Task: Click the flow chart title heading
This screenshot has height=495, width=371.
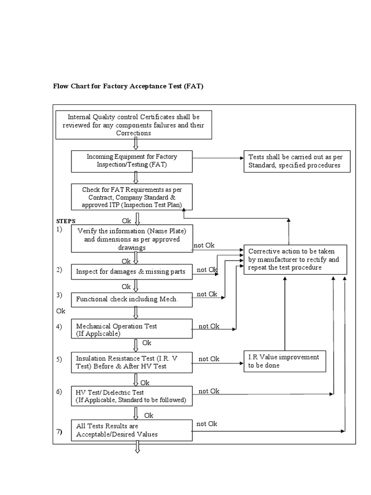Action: tap(128, 87)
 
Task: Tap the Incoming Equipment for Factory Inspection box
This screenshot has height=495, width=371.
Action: tap(131, 161)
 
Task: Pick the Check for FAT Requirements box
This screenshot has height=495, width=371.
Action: tap(131, 197)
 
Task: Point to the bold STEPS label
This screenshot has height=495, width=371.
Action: tap(66, 221)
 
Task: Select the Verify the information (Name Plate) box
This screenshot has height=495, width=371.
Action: tap(131, 239)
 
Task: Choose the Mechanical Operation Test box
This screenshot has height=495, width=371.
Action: tap(131, 330)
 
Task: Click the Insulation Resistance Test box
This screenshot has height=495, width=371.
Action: tap(131, 362)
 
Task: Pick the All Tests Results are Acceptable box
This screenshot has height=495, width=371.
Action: tap(131, 430)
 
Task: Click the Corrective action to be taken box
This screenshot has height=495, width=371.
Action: tap(294, 259)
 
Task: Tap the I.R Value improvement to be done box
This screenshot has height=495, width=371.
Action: tap(284, 361)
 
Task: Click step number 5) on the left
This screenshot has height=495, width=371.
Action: tap(59, 359)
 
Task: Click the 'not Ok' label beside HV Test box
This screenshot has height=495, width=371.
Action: tap(209, 391)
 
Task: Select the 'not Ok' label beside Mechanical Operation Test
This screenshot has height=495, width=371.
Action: tap(209, 326)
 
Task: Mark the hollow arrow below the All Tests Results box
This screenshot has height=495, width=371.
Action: tap(137, 449)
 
